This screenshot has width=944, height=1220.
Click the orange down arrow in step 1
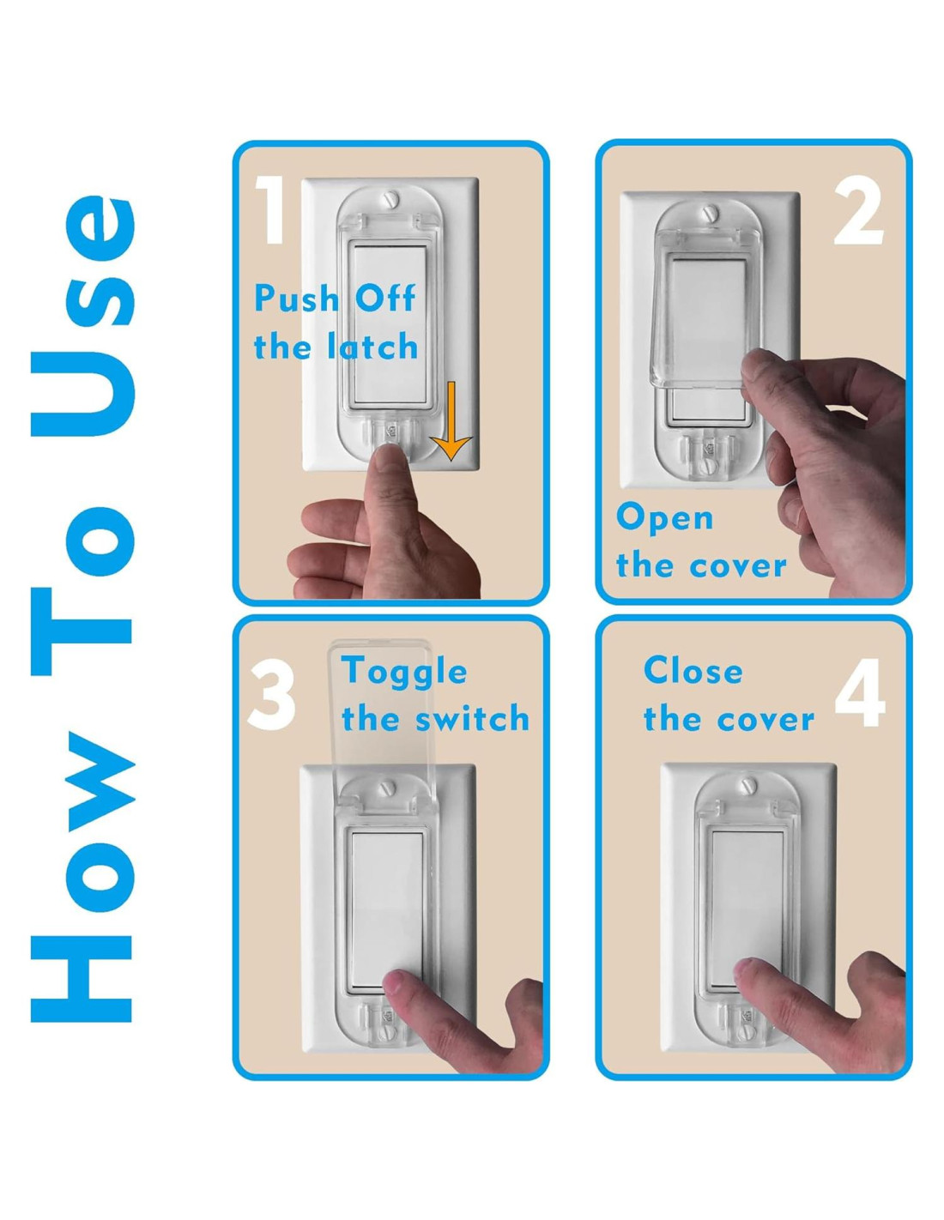click(451, 420)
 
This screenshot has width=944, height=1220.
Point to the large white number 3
click(271, 695)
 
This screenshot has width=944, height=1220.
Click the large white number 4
click(860, 693)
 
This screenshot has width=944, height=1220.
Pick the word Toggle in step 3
click(403, 672)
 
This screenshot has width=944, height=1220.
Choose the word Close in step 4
click(693, 670)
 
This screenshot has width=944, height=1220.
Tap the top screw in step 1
click(390, 199)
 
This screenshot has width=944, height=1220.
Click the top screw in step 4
click(750, 785)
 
